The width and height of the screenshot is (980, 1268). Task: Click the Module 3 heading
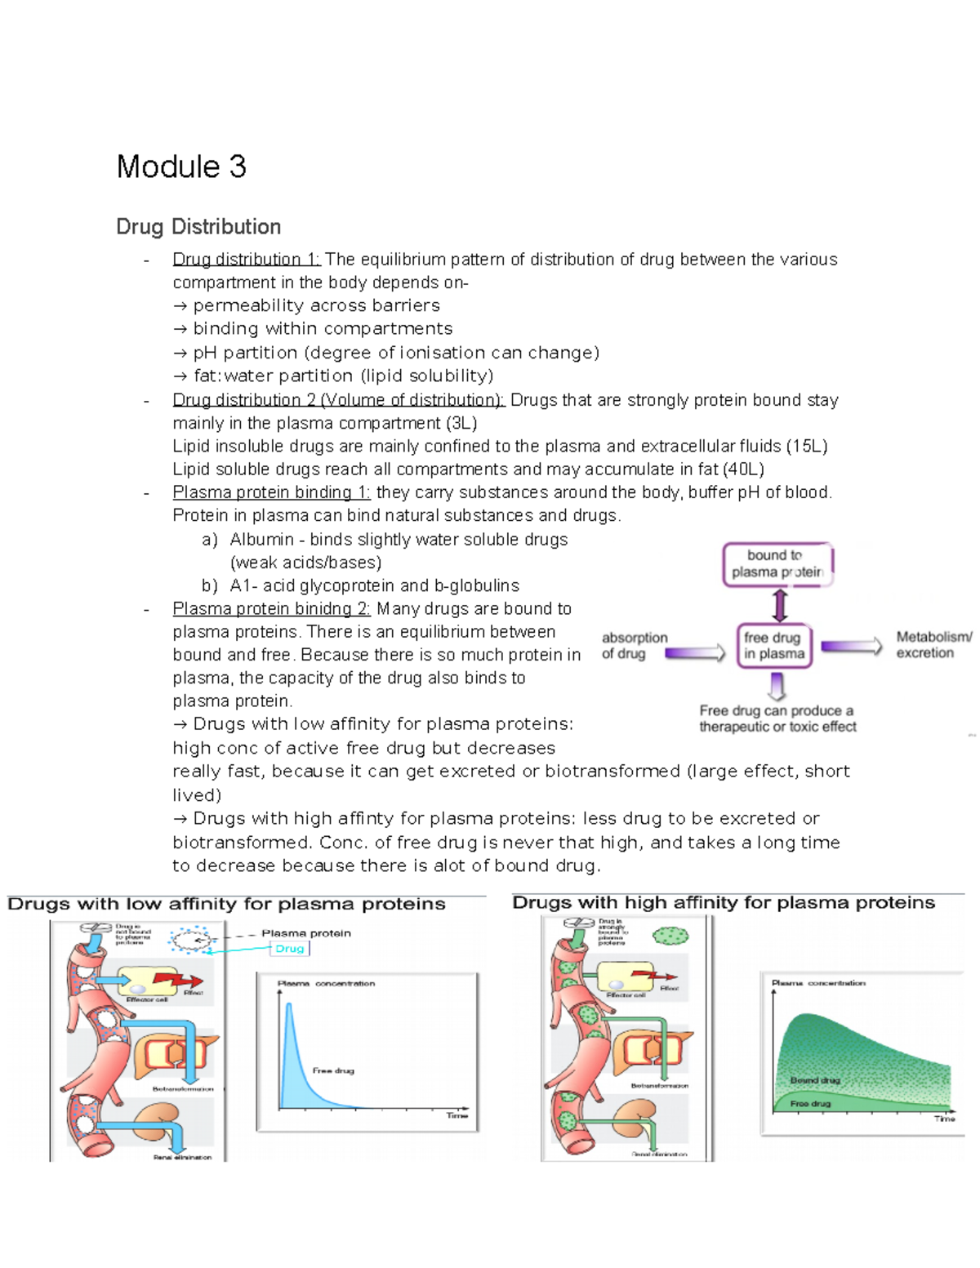click(181, 167)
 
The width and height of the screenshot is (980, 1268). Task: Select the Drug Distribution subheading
click(198, 226)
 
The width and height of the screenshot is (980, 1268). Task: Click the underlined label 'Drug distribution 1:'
click(247, 260)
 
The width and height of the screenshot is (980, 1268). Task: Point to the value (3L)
click(461, 423)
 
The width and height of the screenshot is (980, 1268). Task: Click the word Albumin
click(261, 540)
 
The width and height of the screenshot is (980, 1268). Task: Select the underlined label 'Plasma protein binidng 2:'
click(271, 608)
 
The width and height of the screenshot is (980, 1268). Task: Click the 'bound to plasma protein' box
click(777, 563)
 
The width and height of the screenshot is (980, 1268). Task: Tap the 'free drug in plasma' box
click(774, 645)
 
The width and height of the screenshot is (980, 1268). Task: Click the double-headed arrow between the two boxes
click(780, 605)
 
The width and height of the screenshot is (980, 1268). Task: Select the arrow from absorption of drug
click(695, 652)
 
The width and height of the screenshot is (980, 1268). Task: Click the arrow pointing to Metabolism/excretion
click(851, 646)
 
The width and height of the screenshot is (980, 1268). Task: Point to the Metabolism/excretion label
click(933, 644)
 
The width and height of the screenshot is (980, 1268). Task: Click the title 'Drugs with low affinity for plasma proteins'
click(226, 904)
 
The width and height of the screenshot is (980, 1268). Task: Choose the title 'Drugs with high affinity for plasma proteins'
click(724, 902)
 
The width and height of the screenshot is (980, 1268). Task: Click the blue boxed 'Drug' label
click(290, 948)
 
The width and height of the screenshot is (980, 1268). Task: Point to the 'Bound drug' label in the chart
click(815, 1079)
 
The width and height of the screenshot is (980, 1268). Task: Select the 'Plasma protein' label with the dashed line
click(306, 933)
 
